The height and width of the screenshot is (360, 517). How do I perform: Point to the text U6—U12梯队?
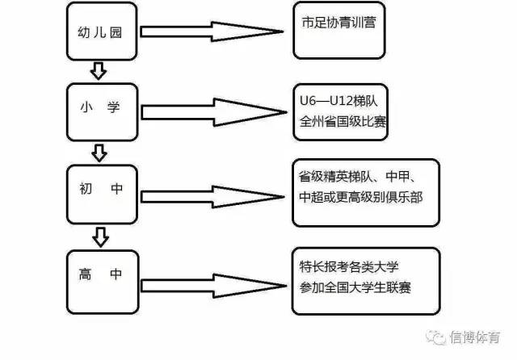(338, 103)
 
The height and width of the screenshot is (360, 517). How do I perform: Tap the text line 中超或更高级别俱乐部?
(360, 196)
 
